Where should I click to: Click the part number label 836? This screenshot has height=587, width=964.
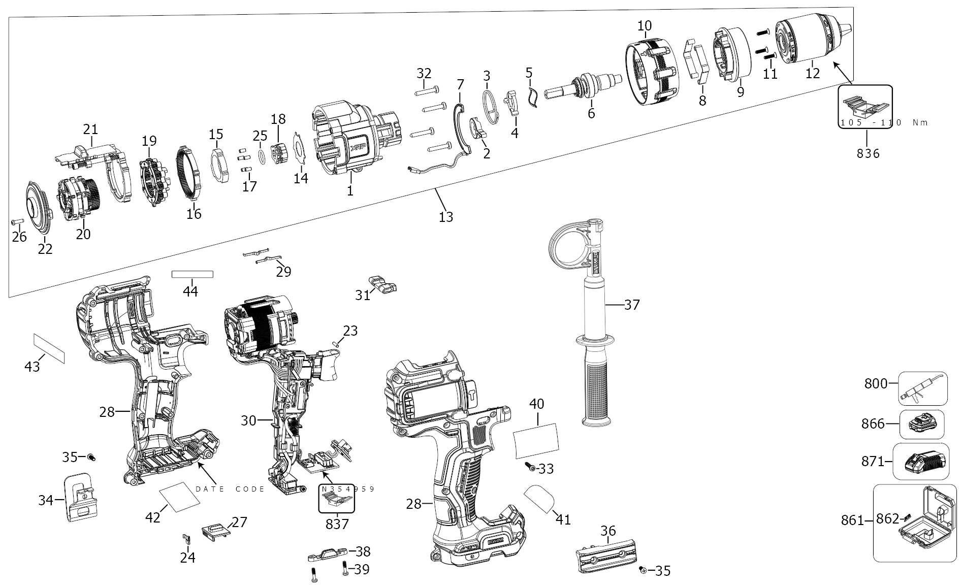[x=867, y=153]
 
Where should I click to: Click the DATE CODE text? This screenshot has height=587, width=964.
[x=230, y=489]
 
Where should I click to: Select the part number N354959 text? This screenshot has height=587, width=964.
[x=348, y=489]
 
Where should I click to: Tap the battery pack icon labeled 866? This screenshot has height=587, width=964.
[x=922, y=425]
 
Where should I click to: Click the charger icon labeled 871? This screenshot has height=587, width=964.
[x=922, y=462]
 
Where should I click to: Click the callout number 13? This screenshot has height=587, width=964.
[x=445, y=217]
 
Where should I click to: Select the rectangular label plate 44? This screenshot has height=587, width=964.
[x=192, y=275]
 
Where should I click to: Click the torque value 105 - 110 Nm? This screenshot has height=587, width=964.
[x=884, y=123]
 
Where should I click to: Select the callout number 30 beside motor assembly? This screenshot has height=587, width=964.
[x=248, y=420]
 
